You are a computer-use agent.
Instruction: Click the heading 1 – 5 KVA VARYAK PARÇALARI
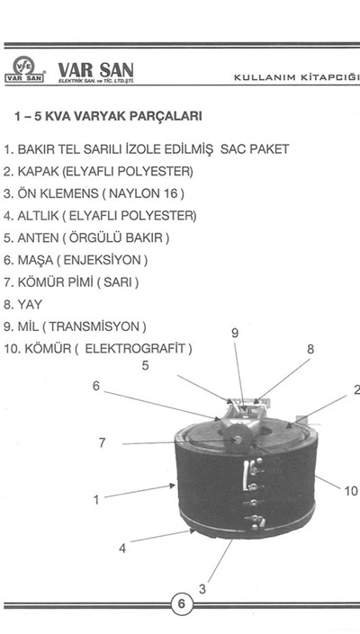[x=108, y=116]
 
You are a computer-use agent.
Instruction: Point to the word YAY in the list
[x=30, y=304]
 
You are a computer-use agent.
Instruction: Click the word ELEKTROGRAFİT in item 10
[x=135, y=348]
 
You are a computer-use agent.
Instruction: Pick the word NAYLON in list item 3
[x=133, y=193]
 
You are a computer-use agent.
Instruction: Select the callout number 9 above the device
[x=235, y=333]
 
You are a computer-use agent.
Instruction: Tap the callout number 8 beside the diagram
[x=310, y=349]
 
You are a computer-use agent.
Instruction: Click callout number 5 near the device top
[x=145, y=365]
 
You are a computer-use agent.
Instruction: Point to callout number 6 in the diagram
[x=96, y=386]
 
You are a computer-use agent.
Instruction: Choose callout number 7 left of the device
[x=103, y=443]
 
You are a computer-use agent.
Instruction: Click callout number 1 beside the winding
[x=96, y=500]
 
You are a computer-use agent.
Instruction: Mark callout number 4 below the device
[x=122, y=549]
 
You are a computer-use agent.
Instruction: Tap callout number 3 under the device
[x=202, y=590]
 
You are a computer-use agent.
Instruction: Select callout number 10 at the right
[x=351, y=491]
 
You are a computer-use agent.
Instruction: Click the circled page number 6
[x=181, y=604]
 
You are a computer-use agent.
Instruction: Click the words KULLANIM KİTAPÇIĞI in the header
[x=297, y=77]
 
